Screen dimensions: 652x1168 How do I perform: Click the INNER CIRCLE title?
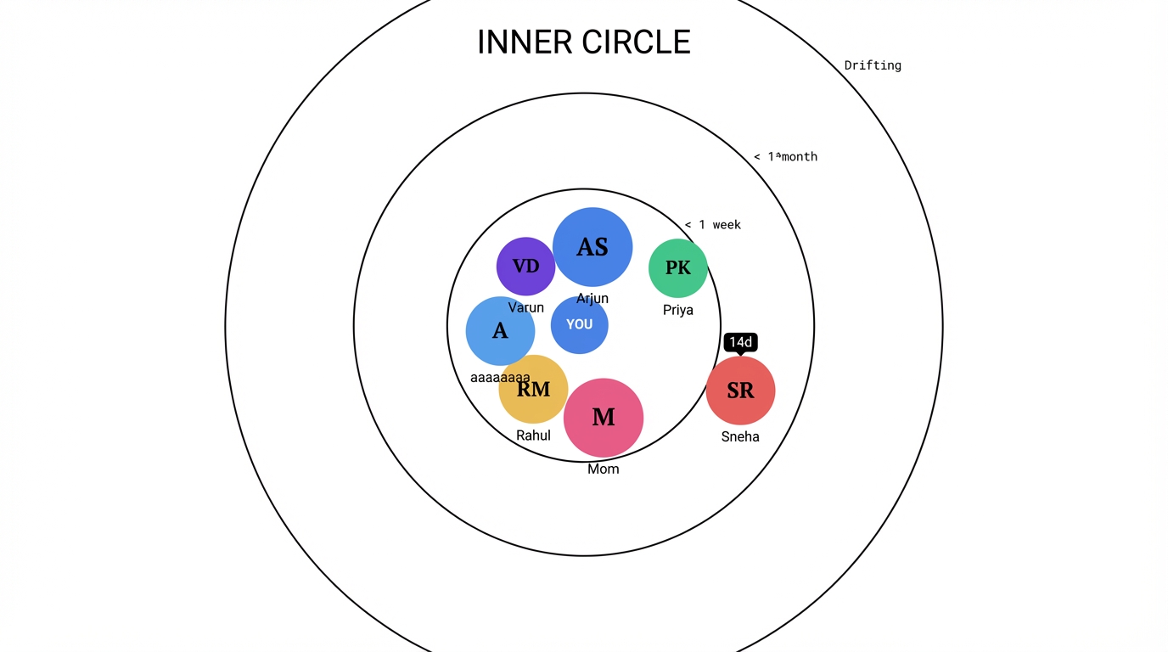coord(584,42)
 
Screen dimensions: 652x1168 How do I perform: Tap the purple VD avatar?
coord(525,267)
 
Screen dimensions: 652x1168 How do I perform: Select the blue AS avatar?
coord(592,247)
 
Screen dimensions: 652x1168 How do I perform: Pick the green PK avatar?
coord(678,268)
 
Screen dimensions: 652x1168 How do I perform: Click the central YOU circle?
coord(580,324)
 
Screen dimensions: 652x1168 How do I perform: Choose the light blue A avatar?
coord(500,331)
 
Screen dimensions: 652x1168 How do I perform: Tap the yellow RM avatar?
coord(533,390)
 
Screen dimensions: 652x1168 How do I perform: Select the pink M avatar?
coord(604,417)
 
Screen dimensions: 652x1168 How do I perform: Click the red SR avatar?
coord(740,391)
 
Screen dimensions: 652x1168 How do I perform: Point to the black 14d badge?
coord(740,342)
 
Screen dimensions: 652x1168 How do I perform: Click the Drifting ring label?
coord(873,65)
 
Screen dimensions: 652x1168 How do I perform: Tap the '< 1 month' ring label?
coord(786,156)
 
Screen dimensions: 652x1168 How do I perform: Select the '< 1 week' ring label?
coord(713,225)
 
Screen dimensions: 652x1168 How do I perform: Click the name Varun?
coord(525,307)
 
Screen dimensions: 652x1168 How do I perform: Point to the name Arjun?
coord(592,299)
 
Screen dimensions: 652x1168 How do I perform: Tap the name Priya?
coord(678,310)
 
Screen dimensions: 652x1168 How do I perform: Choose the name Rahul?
coord(533,436)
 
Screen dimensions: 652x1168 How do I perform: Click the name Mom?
coord(604,469)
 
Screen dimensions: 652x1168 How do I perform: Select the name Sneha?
coord(740,436)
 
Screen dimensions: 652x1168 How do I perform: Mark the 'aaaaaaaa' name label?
coord(500,377)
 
